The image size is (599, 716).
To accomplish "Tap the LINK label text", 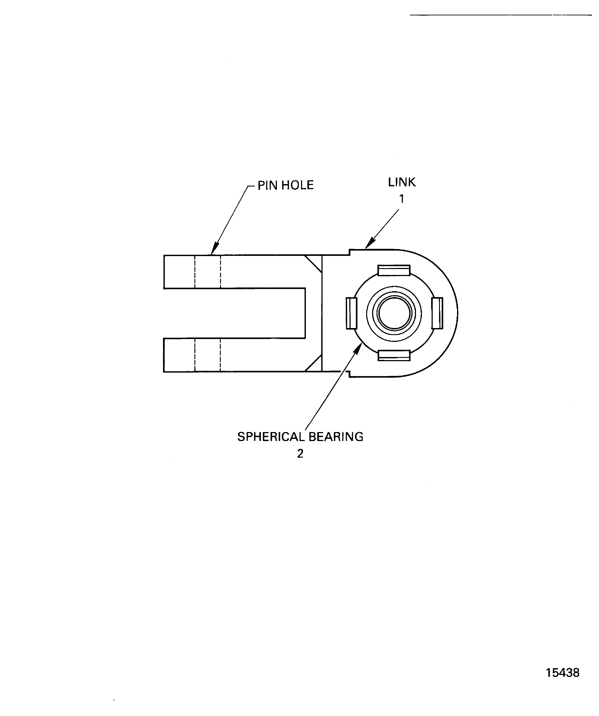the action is [402, 182].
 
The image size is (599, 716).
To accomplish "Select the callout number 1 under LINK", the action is [402, 199].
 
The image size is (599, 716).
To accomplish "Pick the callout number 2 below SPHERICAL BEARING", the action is [300, 454].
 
